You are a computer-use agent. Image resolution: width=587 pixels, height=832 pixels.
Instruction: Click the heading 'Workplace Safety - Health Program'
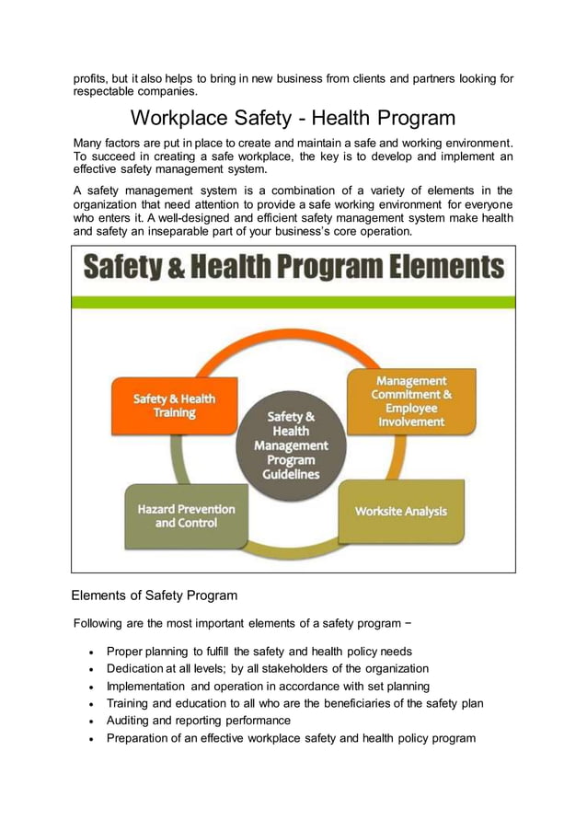click(293, 118)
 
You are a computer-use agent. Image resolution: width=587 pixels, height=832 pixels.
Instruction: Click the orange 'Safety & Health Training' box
click(174, 406)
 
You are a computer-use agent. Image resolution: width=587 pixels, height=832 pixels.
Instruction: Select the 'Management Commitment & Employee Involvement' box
click(410, 401)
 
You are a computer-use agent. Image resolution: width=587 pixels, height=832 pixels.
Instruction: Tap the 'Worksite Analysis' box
click(402, 511)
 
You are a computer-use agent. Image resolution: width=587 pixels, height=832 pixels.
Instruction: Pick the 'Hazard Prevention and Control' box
click(186, 515)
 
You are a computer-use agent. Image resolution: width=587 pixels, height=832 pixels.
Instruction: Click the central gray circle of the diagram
click(293, 445)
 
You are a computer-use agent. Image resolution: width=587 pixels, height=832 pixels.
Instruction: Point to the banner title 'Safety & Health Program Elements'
click(293, 268)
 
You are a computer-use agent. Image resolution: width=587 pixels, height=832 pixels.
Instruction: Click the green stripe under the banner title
click(293, 302)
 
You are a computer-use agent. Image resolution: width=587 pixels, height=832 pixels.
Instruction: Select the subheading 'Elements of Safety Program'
click(155, 595)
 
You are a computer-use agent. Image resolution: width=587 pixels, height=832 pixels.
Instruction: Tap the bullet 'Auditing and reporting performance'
click(199, 720)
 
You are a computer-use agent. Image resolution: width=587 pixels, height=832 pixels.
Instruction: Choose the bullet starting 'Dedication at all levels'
click(267, 668)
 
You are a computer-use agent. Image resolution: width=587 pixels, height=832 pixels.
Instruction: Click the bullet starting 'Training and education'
click(294, 703)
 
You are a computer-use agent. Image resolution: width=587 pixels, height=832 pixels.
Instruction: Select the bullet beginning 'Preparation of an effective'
click(291, 737)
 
